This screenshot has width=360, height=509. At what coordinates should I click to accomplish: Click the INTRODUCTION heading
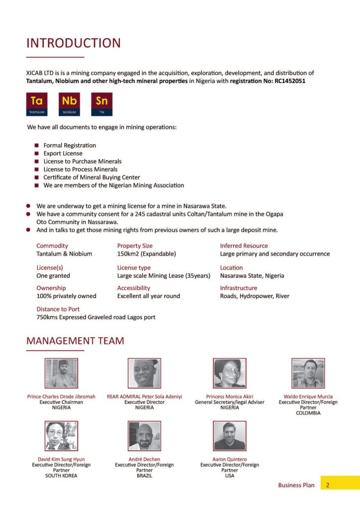(74, 43)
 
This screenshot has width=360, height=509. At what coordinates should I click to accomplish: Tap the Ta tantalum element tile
(37, 104)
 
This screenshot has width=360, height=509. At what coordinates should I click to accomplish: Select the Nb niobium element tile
(69, 104)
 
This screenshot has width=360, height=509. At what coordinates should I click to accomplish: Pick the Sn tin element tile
(101, 104)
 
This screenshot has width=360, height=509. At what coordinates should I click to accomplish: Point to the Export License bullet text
(63, 153)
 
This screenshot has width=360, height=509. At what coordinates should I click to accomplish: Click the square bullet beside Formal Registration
(37, 145)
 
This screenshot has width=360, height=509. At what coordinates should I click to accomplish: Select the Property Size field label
(135, 246)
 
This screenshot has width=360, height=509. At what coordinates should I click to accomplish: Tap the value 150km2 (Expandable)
(146, 254)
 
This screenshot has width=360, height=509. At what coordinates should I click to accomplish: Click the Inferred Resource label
(244, 246)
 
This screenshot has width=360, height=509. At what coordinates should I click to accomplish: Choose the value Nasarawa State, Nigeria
(252, 275)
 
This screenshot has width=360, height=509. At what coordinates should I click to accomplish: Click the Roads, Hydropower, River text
(255, 296)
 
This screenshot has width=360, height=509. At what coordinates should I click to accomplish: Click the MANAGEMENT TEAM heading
(75, 341)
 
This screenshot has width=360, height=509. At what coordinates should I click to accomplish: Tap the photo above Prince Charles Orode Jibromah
(61, 373)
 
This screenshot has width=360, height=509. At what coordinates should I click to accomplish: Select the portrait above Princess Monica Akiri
(229, 373)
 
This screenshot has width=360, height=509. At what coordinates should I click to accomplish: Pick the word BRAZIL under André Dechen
(144, 476)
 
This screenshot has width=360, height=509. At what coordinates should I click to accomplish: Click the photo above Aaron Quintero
(229, 436)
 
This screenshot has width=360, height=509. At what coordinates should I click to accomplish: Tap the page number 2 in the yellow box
(328, 485)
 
